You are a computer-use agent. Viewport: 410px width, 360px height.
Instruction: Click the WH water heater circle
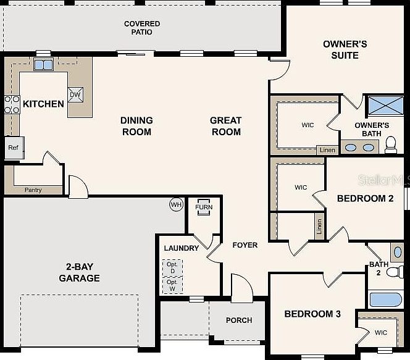coord(177,204)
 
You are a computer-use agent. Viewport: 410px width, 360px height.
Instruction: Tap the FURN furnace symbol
coord(204,207)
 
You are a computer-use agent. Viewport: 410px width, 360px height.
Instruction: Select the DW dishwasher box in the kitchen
coord(75,94)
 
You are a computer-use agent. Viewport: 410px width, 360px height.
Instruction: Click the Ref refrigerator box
coord(13,148)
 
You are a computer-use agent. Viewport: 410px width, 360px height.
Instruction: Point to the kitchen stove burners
coord(12,104)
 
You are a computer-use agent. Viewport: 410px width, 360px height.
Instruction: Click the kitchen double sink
coord(43,64)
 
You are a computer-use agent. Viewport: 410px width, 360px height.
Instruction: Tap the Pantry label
coord(33,190)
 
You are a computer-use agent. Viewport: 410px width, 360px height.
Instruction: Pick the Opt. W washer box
coord(172,285)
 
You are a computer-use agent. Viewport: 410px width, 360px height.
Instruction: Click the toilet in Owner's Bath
coord(390,144)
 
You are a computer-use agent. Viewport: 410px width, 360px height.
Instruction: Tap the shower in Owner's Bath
coord(385,106)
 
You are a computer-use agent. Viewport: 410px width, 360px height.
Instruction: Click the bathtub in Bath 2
coord(386,300)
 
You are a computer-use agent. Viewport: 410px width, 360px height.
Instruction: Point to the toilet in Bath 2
coord(397,271)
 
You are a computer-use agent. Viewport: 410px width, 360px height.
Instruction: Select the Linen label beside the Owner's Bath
coord(327,150)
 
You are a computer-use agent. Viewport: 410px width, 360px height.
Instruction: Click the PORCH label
coord(239,320)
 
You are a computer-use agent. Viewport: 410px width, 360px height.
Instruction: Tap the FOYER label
coord(245,245)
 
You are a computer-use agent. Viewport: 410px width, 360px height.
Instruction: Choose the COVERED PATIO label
coord(142,28)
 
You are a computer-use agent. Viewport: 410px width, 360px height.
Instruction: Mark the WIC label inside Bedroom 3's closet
coord(381,332)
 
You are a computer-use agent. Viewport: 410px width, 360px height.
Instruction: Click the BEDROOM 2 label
coord(365,199)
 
